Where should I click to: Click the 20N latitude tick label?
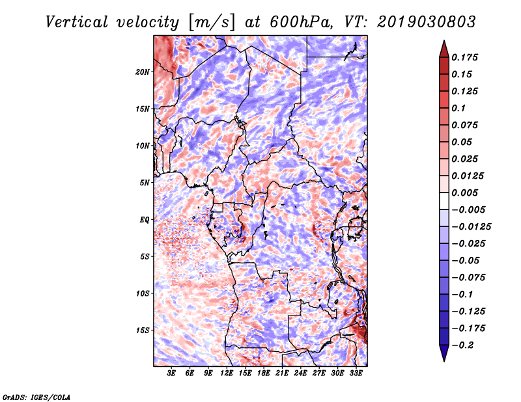[x=143, y=72]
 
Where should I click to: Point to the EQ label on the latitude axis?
[x=145, y=220]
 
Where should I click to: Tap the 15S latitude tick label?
[x=143, y=330]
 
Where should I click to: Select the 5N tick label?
[x=145, y=183]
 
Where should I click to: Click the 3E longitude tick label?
[x=171, y=373]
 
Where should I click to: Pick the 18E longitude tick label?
[x=264, y=373]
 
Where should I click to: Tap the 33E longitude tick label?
[x=356, y=373]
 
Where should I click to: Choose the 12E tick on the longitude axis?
[x=227, y=373]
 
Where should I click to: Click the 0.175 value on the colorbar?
[x=464, y=57]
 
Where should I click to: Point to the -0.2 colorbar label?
[x=462, y=345]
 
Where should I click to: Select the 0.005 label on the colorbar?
[x=464, y=193]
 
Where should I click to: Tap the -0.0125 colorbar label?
[x=471, y=227]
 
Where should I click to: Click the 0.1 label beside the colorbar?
[x=458, y=108]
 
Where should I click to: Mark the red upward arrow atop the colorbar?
[x=444, y=49]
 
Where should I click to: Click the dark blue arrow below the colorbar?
[x=444, y=353]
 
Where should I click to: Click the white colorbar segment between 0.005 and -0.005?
[x=444, y=201]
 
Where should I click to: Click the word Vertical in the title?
[x=77, y=22]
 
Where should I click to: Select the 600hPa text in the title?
[x=301, y=22]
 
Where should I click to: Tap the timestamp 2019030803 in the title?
[x=427, y=22]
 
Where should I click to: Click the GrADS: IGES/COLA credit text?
[x=36, y=397]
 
